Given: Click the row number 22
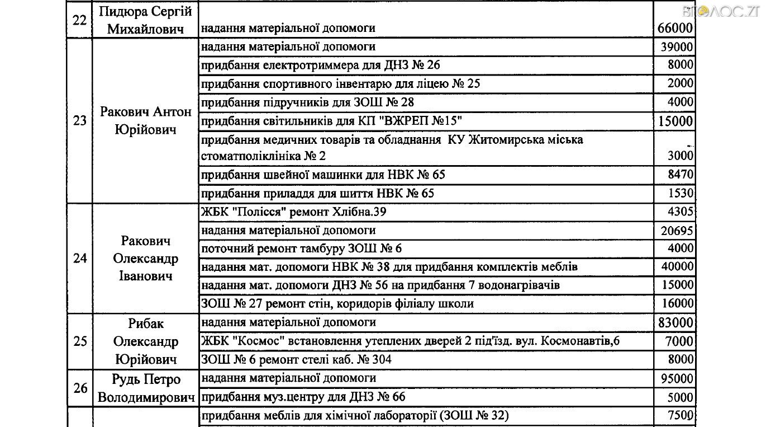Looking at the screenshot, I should coord(79,19).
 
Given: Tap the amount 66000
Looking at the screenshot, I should coord(674,28).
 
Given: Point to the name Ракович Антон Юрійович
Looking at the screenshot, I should coord(145,120).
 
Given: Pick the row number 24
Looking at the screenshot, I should coord(80,258).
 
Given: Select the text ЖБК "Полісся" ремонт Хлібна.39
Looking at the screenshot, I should coord(293,212).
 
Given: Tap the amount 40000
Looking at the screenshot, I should coord(677,266).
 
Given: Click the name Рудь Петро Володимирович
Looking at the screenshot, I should coord(146,388).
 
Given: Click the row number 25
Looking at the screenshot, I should coord(80,341).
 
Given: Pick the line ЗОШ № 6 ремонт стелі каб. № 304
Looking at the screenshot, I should coord(296,359).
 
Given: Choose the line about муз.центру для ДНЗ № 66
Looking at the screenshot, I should coord(302,397).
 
